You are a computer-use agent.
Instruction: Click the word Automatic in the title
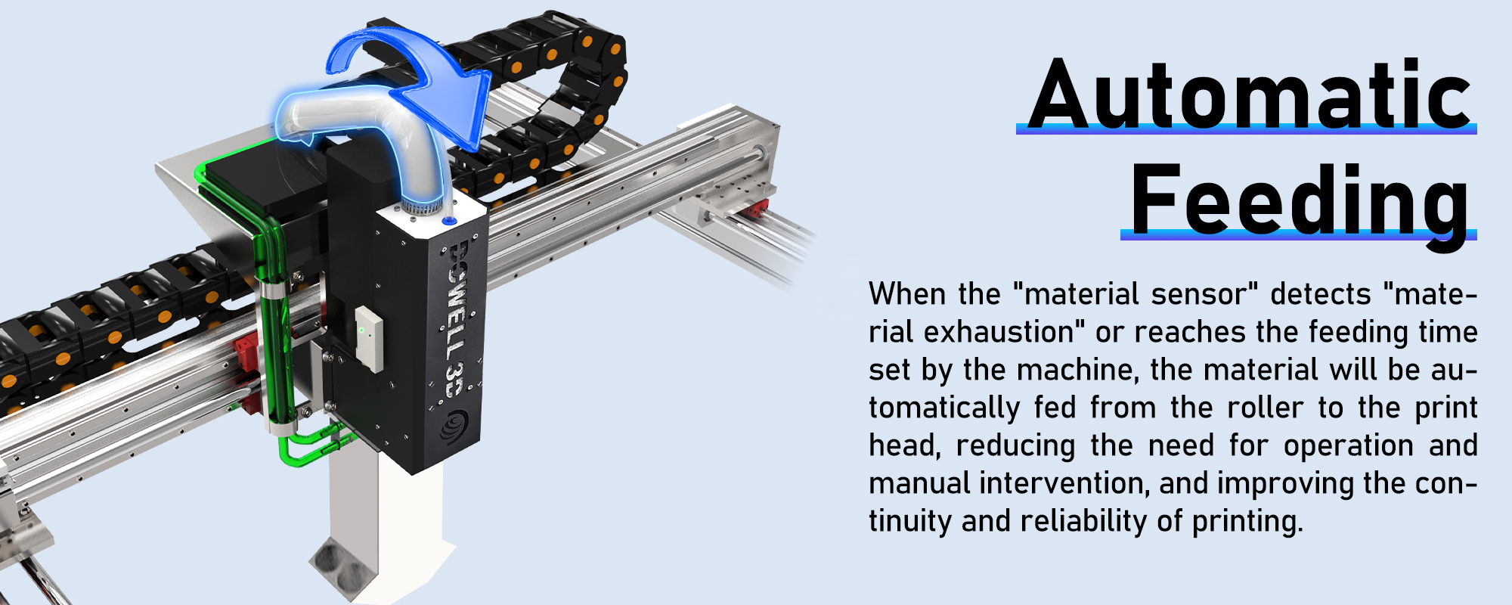(1250, 95)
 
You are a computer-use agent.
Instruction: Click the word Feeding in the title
(1299, 200)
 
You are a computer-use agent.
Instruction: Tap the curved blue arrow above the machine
(423, 76)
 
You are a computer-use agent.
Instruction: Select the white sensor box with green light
(369, 338)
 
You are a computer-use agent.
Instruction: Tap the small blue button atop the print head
(449, 221)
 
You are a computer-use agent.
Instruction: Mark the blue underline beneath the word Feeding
(1298, 235)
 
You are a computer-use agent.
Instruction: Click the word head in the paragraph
(904, 445)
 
